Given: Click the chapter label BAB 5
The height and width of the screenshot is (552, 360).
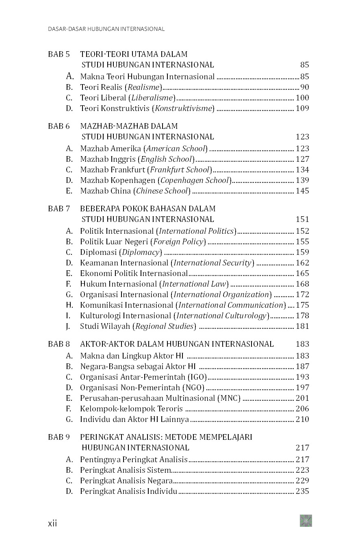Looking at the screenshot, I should [59, 54].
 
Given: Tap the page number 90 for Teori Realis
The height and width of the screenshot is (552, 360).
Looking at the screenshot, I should [304, 87].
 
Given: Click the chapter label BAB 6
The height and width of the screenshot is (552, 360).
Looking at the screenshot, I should [59, 126].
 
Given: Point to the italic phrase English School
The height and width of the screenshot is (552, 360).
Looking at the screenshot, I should [166, 159].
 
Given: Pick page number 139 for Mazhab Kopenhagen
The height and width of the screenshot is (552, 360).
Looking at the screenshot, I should [302, 180].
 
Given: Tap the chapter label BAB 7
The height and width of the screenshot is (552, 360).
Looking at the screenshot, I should [59, 209].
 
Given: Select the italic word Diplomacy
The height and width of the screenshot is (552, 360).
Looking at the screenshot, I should [141, 252].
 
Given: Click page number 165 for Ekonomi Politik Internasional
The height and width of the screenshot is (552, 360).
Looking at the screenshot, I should [302, 273].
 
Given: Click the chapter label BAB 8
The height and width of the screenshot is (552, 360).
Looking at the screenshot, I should [59, 344].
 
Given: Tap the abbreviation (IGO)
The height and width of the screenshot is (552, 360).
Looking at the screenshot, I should [197, 377].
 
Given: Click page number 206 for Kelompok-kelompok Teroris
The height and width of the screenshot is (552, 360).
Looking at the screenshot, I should [302, 409].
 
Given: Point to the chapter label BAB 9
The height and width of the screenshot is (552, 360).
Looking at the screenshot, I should [59, 437].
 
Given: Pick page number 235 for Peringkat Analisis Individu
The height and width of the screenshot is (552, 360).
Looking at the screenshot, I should [302, 491].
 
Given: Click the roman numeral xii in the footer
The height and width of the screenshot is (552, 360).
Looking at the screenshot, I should [53, 523].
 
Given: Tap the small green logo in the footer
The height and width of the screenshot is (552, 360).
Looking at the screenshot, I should [306, 521].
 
